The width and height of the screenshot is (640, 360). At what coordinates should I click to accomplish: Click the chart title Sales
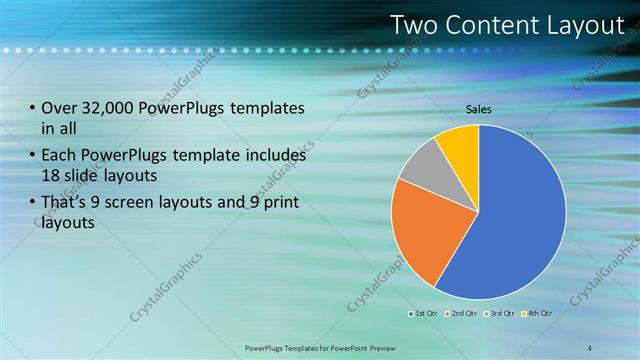(479, 109)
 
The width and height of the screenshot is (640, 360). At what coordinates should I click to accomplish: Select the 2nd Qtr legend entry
(460, 314)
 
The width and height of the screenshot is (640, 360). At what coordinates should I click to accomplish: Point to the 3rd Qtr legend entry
(499, 314)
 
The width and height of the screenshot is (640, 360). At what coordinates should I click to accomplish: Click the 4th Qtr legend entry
(538, 314)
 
